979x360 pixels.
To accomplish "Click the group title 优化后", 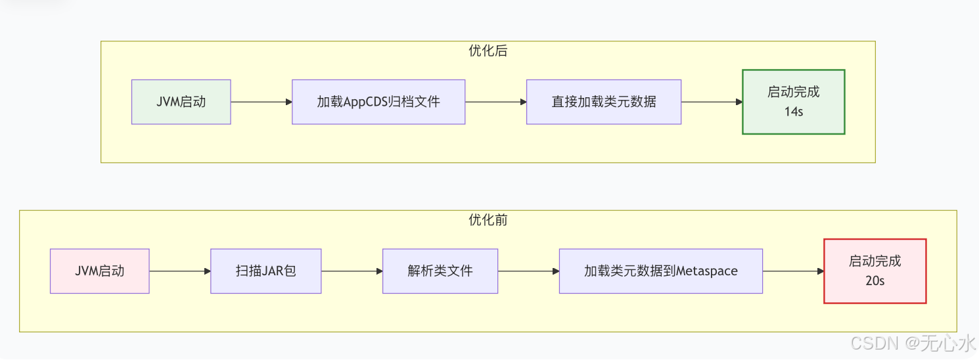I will click(488, 51).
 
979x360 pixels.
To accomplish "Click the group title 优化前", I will click(488, 220).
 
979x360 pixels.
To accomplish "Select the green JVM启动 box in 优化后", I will click(181, 102).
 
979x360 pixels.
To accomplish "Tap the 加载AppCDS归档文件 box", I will click(378, 102).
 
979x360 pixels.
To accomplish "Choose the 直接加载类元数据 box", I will click(603, 102).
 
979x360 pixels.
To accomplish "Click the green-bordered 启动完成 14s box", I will click(793, 102).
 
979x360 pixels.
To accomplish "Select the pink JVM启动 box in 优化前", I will click(99, 271).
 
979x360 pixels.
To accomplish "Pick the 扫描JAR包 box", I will click(265, 271).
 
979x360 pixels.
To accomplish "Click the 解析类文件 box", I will click(440, 271).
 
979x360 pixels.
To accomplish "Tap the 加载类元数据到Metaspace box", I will click(660, 271).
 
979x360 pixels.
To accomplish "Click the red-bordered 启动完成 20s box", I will click(875, 271).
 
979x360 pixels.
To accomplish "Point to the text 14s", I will click(793, 111).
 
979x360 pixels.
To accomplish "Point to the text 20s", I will click(875, 281).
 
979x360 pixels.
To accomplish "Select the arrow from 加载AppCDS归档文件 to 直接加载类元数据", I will click(495, 102).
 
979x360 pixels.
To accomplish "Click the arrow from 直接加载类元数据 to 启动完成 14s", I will click(712, 102).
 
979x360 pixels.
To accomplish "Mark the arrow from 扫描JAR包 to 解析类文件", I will click(352, 271).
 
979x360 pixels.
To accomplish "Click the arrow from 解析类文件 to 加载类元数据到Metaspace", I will click(528, 271).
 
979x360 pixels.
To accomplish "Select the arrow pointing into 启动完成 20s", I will click(793, 271).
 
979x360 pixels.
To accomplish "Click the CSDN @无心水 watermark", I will click(913, 343).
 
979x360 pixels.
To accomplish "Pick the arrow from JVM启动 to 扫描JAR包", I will click(179, 271).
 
